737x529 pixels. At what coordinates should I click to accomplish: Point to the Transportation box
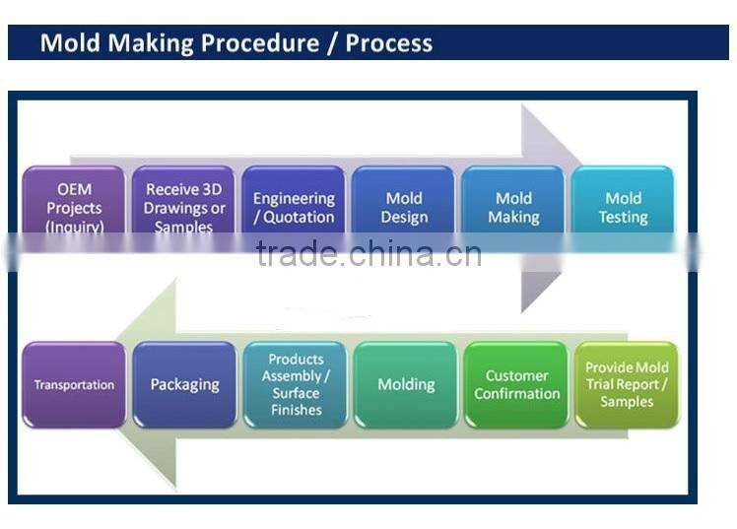pyautogui.click(x=74, y=385)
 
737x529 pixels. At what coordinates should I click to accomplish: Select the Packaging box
pyautogui.click(x=184, y=385)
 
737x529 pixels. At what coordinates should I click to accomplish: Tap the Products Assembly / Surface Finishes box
pyautogui.click(x=296, y=385)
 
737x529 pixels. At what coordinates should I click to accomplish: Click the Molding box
pyautogui.click(x=406, y=385)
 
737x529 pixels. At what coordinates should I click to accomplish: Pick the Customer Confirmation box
pyautogui.click(x=516, y=385)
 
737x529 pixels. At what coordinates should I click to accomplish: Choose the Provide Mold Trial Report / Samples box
pyautogui.click(x=627, y=385)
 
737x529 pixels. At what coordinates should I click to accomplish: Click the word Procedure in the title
pyautogui.click(x=260, y=42)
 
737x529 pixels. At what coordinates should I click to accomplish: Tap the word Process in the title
pyautogui.click(x=389, y=42)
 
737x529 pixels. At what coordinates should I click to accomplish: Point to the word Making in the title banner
pyautogui.click(x=151, y=43)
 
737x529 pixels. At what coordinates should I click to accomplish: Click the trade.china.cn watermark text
pyautogui.click(x=368, y=253)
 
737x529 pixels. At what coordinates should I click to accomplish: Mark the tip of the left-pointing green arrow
pyautogui.click(x=116, y=385)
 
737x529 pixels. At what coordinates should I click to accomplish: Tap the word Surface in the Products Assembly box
pyautogui.click(x=296, y=393)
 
